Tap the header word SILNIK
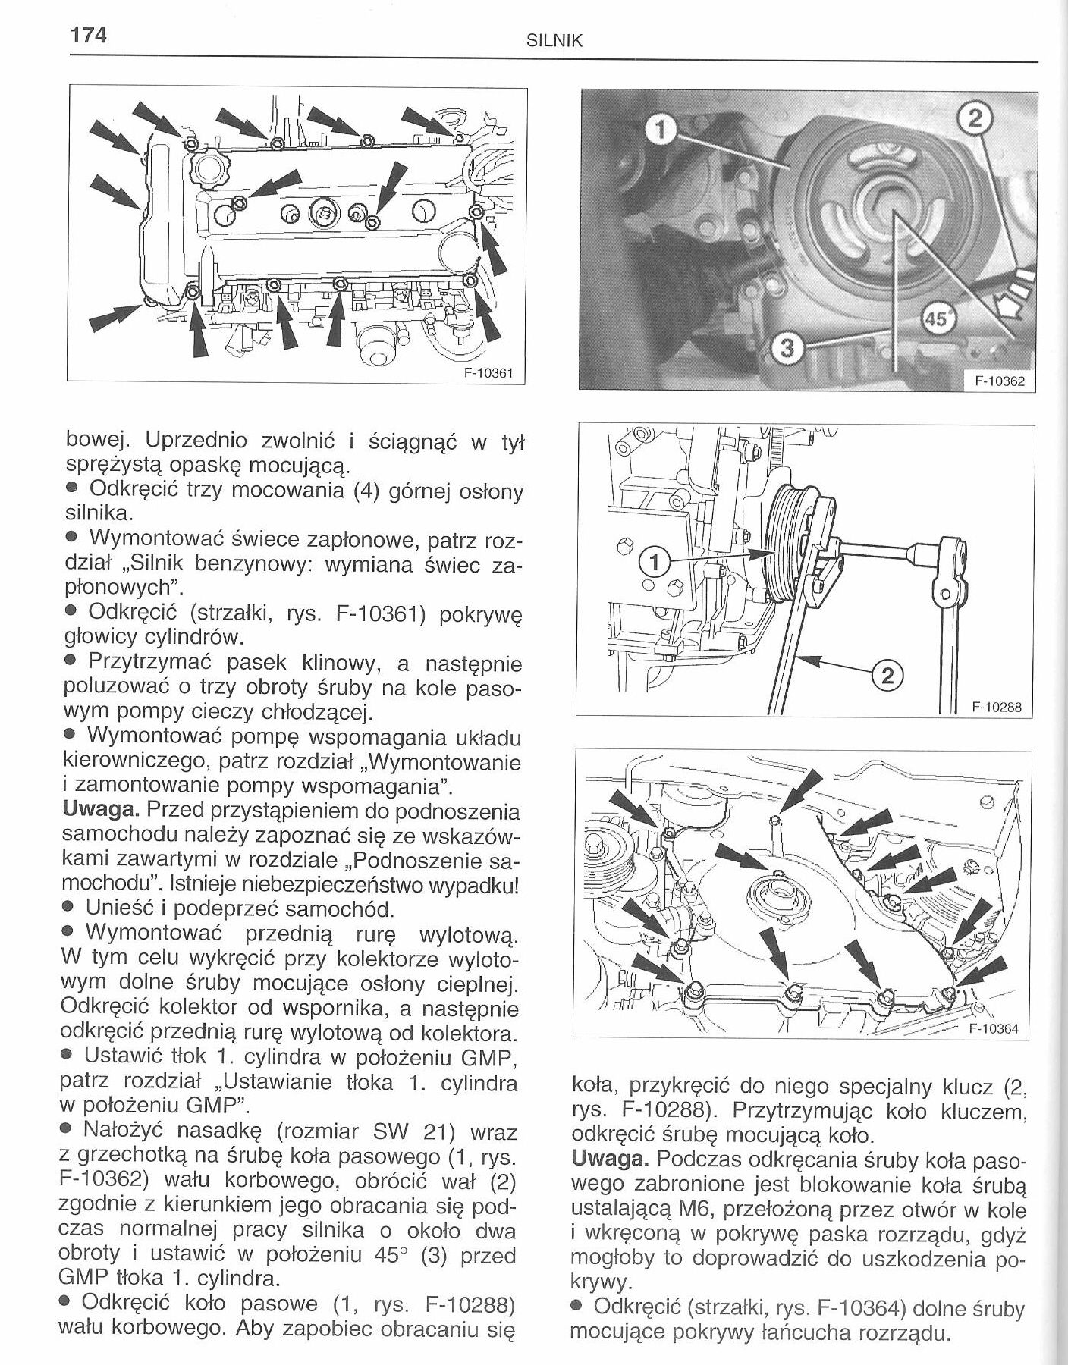pyautogui.click(x=554, y=42)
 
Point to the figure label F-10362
pyautogui.click(x=1000, y=381)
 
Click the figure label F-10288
pyautogui.click(x=997, y=708)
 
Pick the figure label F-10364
pyautogui.click(x=994, y=1029)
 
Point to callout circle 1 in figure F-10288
pyautogui.click(x=654, y=560)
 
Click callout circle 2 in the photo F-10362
pyautogui.click(x=978, y=118)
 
